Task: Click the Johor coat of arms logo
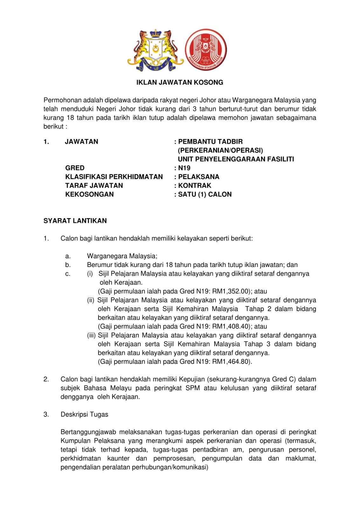pos(156,50)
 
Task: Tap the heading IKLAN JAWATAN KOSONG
pos(180,82)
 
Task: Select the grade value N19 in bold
pos(184,168)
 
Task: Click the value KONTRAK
pos(195,185)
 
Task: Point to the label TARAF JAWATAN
pos(94,185)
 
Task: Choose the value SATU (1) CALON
pos(205,194)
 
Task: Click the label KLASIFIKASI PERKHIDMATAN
pos(114,177)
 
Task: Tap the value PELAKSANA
pos(199,177)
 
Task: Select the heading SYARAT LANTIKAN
pos(75,221)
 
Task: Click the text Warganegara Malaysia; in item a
pos(122,256)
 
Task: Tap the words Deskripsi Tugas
pos(84,415)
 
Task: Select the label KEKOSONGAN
pos(89,194)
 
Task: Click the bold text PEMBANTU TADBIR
pos(211,142)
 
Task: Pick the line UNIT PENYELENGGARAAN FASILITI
pos(236,159)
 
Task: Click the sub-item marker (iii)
pos(91,335)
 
